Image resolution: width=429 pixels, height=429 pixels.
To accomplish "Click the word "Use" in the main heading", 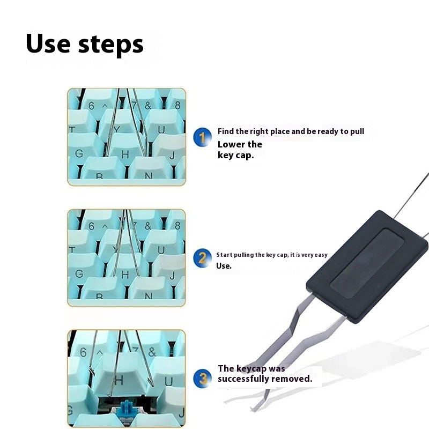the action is click(x=48, y=43).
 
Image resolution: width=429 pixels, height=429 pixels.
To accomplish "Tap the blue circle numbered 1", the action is click(x=203, y=137).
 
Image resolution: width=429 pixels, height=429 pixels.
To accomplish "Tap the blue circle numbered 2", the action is click(x=203, y=258).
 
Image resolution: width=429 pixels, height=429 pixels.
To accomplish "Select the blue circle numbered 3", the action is click(x=203, y=379).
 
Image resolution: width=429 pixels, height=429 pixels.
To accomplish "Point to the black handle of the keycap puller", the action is click(x=367, y=267).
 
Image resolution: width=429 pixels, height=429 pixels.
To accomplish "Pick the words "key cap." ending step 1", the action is click(x=235, y=156).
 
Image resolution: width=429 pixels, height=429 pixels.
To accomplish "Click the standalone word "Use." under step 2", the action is click(x=224, y=266).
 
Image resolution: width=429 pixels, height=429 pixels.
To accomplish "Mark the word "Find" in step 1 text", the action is click(x=226, y=131).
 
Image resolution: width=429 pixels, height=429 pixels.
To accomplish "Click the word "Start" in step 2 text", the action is click(x=224, y=255).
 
